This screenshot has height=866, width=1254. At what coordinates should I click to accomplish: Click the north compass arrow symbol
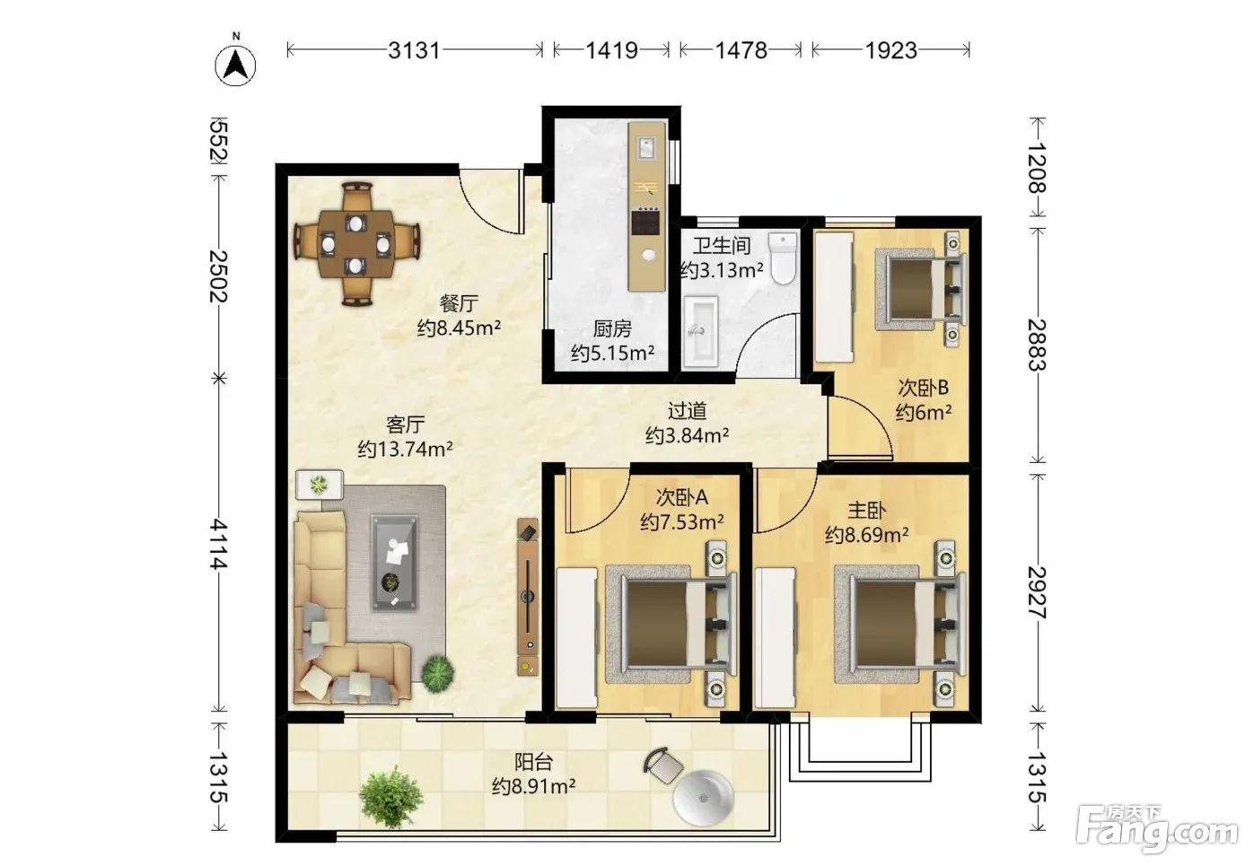click(x=236, y=66)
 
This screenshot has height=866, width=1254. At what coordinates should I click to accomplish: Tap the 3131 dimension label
click(x=415, y=51)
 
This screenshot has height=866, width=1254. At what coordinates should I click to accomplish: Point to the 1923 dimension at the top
click(x=891, y=51)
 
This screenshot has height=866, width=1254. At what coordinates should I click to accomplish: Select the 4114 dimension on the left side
click(x=218, y=544)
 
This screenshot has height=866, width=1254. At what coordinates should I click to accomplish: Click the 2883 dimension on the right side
click(x=1038, y=345)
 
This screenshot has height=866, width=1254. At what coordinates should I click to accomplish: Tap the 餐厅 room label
click(x=459, y=303)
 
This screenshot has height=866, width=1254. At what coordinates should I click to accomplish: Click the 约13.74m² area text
click(x=406, y=449)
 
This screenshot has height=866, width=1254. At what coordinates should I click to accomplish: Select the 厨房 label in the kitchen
click(x=612, y=328)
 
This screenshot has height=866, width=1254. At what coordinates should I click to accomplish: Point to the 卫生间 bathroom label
click(x=722, y=245)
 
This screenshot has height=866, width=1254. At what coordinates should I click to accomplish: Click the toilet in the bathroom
click(x=784, y=258)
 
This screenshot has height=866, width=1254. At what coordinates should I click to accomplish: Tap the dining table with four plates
click(x=356, y=244)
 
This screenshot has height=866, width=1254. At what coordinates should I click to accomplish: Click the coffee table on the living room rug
click(x=394, y=564)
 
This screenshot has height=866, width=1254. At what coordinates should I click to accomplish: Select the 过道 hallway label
click(x=687, y=411)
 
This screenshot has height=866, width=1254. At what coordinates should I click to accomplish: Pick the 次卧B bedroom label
click(x=923, y=388)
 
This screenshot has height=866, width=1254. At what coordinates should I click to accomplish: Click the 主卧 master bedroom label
click(x=866, y=510)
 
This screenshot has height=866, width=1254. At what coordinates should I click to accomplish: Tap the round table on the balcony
click(x=703, y=798)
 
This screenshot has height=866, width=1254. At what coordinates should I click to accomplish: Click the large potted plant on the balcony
click(x=390, y=797)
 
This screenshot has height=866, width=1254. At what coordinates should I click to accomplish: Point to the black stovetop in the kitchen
click(x=646, y=221)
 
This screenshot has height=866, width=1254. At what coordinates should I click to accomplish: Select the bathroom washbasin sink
click(x=700, y=331)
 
